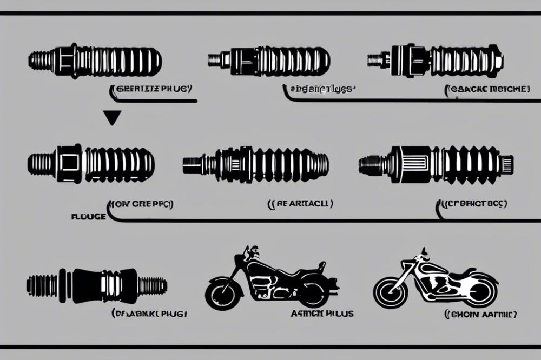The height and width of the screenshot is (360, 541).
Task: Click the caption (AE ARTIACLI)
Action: click(300, 204)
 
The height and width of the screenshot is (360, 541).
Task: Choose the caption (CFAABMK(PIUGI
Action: click(150, 314)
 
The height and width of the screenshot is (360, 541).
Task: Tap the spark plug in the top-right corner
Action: click(436, 59)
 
